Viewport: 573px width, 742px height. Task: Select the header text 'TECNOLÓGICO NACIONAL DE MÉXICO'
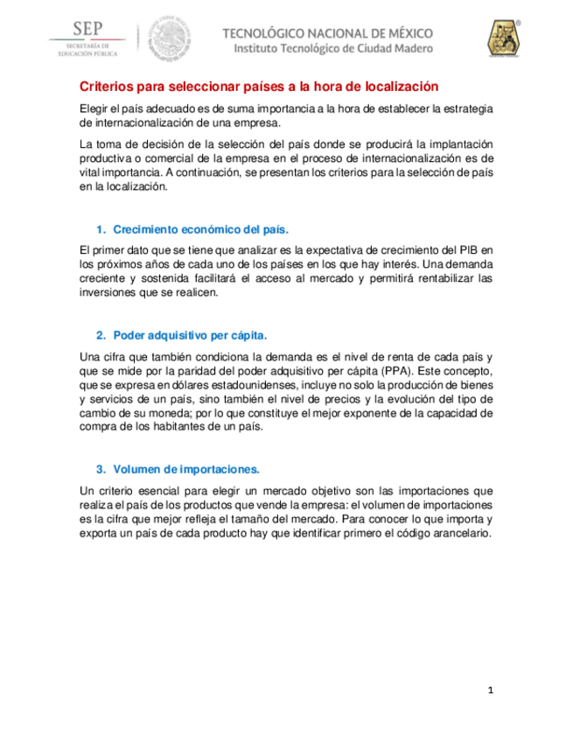pos(328,32)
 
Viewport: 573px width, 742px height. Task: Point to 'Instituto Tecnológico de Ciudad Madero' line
pos(333,49)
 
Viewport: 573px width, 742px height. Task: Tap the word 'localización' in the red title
pos(392,87)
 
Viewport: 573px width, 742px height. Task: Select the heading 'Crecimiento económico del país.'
pos(200,229)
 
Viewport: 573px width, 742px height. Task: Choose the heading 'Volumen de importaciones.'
pos(186,468)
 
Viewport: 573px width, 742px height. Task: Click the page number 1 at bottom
pos(492,690)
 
